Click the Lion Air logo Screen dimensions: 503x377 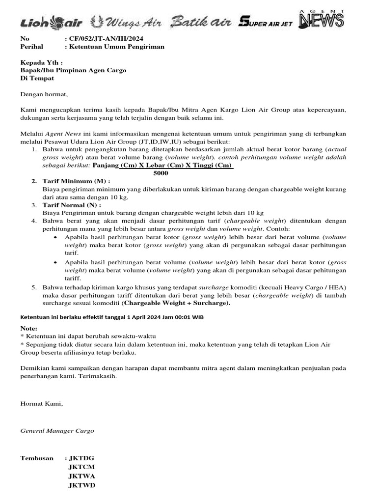51,22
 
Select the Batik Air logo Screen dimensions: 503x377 201,22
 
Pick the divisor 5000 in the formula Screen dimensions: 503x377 161,173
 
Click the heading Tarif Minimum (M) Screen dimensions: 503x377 80,181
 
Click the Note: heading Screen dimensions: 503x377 28,328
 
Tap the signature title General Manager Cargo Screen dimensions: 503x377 57,430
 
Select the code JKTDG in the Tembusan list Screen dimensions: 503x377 81,458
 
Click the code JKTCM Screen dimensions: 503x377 81,467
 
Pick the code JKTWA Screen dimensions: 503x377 81,476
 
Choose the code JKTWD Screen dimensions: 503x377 81,485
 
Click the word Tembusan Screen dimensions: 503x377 37,458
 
